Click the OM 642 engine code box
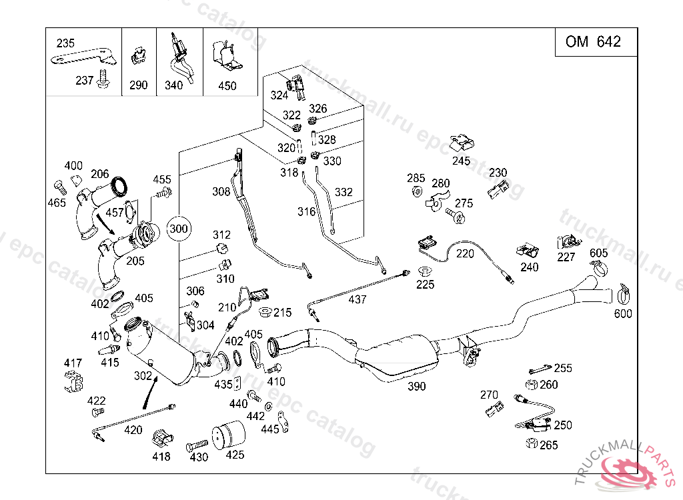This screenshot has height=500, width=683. tap(593, 42)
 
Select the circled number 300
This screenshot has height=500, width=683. tap(179, 229)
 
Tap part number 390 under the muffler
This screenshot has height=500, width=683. tap(416, 386)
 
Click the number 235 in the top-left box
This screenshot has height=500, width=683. tap(65, 43)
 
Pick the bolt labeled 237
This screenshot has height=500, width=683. tap(103, 78)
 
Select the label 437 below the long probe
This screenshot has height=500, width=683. tap(358, 300)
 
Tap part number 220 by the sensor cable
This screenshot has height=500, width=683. tap(465, 254)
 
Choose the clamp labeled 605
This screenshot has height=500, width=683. tap(599, 269)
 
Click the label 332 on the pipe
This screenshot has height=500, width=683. tap(344, 193)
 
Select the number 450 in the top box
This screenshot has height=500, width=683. tap(227, 86)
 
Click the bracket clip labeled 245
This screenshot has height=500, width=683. tap(461, 143)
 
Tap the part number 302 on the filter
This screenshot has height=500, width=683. tap(143, 376)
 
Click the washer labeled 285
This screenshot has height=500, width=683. tap(416, 192)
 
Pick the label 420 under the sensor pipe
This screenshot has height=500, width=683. tap(133, 431)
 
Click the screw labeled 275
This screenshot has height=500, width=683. tap(456, 215)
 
